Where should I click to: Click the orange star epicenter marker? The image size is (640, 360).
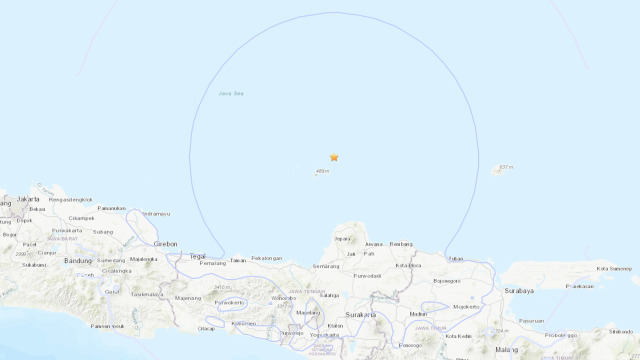click(x=334, y=157)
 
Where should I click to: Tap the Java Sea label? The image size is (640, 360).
click(x=231, y=94)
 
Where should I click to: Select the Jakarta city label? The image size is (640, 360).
click(x=29, y=199)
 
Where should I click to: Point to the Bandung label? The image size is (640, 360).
click(x=78, y=260)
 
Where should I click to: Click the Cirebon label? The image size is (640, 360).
click(x=165, y=243)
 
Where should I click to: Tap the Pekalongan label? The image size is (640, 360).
click(x=269, y=258)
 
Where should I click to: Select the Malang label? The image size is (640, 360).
click(x=508, y=349)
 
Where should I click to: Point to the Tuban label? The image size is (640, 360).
click(x=457, y=258)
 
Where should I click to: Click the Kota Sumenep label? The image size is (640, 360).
click(x=615, y=268)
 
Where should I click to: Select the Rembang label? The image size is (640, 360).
click(x=401, y=243)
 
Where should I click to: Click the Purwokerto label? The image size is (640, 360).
click(x=230, y=302)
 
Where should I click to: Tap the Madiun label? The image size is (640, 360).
click(x=418, y=314)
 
